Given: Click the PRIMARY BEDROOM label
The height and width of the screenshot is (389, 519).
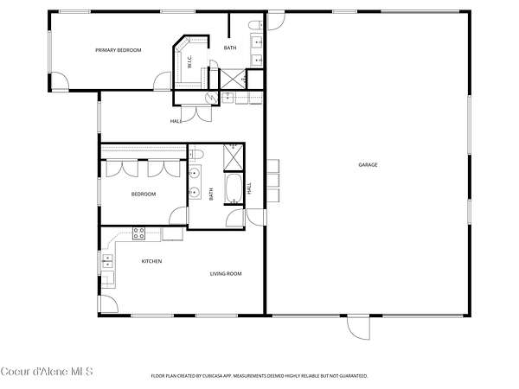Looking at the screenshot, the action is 119,50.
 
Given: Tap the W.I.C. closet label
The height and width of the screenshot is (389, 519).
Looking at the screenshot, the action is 190,62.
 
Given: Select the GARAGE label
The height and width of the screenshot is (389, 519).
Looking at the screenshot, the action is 368,165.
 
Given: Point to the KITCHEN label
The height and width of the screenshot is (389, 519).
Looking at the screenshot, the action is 151,261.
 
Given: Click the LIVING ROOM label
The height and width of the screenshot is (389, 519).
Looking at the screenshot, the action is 226,273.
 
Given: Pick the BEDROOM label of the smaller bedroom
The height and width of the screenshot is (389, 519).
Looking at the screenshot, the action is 144,194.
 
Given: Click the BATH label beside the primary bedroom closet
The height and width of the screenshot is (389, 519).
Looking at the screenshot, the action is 230,48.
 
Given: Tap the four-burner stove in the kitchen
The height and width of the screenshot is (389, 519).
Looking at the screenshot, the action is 138,233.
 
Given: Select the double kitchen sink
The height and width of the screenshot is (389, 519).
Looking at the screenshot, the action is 107,261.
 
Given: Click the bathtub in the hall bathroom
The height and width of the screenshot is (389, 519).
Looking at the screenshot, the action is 234,188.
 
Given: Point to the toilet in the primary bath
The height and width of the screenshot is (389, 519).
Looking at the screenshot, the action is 255,24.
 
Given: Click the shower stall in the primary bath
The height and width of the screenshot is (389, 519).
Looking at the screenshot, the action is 233,79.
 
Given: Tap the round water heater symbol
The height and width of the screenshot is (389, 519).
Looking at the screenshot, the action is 211,98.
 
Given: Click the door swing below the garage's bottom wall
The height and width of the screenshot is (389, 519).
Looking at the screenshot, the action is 358,328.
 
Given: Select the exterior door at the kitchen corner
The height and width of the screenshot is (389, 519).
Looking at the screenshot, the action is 108,304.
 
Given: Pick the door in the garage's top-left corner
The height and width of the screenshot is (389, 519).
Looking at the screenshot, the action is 276,21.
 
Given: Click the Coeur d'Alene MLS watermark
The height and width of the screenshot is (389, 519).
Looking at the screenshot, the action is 47,372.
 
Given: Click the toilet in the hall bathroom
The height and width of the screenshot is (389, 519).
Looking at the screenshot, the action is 196,154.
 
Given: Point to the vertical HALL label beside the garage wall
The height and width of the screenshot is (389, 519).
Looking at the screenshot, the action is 250,188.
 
